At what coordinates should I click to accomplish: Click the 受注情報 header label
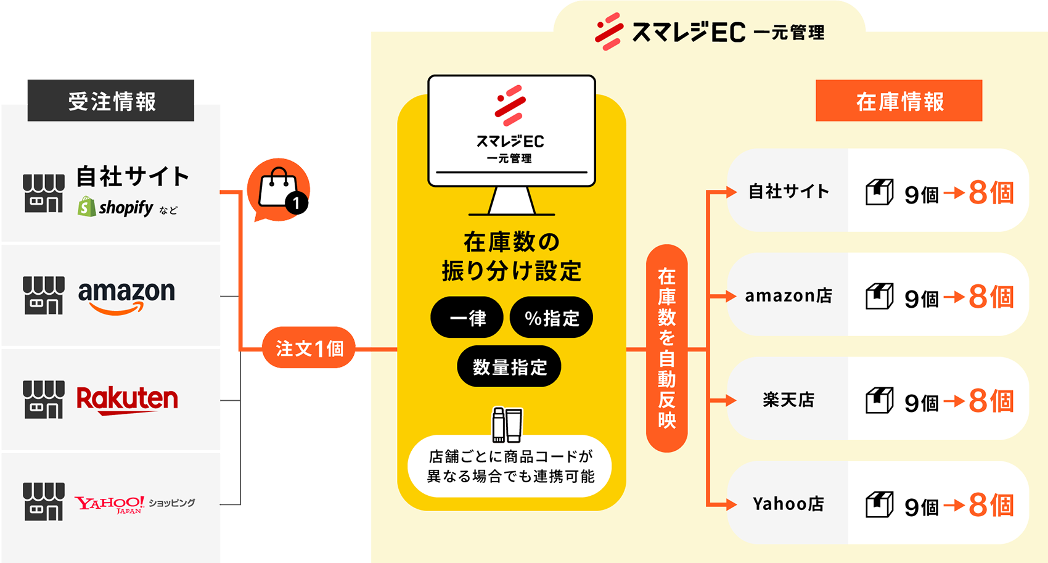[112, 102]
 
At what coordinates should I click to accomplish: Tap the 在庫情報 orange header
[899, 101]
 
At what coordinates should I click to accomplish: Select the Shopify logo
[116, 207]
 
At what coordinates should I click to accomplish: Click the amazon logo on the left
[126, 295]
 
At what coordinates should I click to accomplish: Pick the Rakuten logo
[127, 400]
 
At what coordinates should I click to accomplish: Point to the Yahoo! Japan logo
[110, 504]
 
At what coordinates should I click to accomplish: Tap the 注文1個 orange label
[309, 349]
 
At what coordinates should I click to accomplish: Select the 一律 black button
[467, 318]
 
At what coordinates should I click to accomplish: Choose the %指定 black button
[551, 318]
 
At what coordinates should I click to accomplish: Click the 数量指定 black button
[509, 367]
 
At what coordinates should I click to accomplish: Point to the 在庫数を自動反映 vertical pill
[666, 348]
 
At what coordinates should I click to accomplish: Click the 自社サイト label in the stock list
[788, 191]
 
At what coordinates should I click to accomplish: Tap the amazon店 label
[788, 296]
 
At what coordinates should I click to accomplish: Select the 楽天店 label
[788, 400]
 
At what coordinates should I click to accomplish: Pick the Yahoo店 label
[788, 504]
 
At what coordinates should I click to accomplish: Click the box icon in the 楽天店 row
[880, 401]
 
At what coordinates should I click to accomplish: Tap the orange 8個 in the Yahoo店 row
[991, 505]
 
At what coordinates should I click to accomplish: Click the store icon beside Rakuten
[43, 400]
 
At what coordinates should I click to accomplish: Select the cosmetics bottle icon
[507, 424]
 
